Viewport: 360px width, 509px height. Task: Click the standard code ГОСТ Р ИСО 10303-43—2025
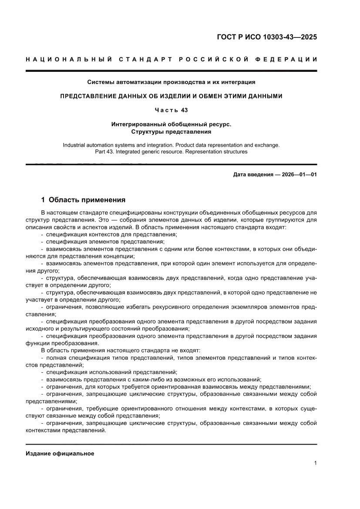point(266,37)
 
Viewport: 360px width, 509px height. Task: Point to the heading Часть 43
point(171,110)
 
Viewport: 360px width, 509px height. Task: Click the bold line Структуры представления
point(171,131)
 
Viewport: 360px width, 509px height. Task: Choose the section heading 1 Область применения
point(83,200)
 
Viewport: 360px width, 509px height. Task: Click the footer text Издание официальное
point(60,453)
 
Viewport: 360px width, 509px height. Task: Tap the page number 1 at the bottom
point(315,463)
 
